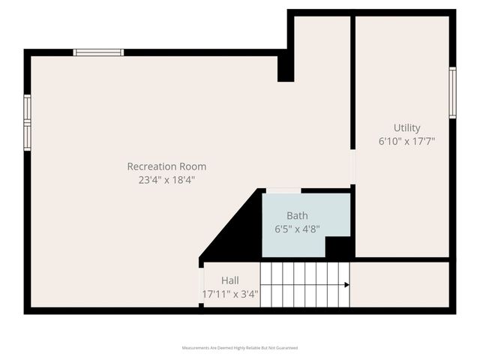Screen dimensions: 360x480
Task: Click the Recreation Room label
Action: [166, 166]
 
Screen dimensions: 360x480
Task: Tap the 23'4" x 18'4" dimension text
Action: [166, 180]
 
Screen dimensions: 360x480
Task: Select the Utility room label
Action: [406, 127]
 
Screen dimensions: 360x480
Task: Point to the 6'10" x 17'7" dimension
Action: [406, 141]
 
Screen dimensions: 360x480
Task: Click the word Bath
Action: [297, 216]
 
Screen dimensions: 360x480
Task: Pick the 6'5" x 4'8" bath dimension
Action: [297, 229]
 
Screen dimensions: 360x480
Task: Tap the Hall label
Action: [230, 280]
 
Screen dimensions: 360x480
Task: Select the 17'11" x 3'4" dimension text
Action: [230, 294]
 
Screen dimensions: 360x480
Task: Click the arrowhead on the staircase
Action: [346, 285]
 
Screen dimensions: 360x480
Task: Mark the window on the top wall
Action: [98, 52]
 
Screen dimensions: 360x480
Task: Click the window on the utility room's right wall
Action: [452, 92]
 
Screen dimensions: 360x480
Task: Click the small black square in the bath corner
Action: [339, 247]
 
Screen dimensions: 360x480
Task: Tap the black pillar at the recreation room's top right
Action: [285, 67]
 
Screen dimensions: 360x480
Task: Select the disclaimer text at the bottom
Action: [240, 348]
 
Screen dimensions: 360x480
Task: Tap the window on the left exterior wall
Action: [27, 122]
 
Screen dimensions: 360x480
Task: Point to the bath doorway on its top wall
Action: [283, 190]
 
